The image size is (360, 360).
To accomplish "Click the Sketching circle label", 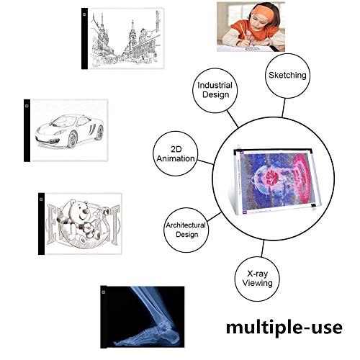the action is [287, 76].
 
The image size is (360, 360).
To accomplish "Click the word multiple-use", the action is [284, 328].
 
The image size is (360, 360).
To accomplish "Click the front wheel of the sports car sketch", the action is [72, 140].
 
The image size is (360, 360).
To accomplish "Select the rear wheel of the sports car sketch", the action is [99, 132].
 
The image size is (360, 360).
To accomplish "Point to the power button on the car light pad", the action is [27, 106].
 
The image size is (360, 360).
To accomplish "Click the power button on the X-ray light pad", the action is [104, 292].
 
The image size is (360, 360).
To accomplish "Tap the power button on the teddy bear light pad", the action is [41, 199].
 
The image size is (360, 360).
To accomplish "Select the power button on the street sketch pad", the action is [84, 14].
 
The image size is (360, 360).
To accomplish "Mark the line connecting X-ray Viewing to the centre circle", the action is [263, 248].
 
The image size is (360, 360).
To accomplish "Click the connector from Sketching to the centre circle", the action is [284, 108].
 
